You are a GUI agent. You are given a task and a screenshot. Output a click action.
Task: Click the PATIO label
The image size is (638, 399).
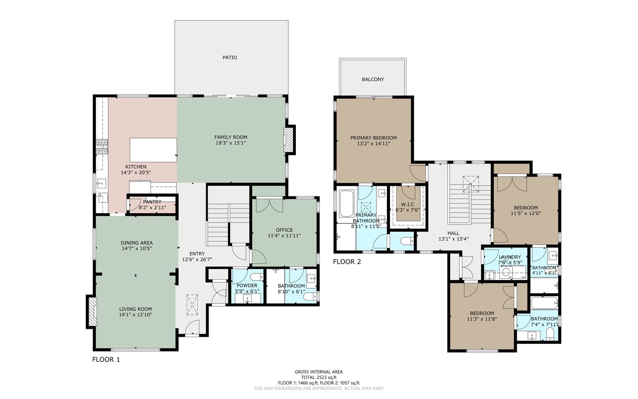click(x=230, y=57)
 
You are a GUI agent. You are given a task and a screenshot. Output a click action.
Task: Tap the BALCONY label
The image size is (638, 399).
click(x=372, y=79)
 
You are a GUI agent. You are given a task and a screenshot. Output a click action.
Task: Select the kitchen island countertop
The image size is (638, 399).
click(x=153, y=150)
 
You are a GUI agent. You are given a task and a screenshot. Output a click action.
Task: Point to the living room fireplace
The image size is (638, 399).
click(x=93, y=312)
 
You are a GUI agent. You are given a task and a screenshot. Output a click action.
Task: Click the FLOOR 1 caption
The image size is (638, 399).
click(x=106, y=359)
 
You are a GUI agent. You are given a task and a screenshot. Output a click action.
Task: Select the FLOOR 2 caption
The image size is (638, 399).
click(x=347, y=262)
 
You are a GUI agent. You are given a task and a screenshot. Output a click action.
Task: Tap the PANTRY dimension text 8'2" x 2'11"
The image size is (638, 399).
click(x=152, y=208)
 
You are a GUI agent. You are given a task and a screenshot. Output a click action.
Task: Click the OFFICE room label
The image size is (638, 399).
click(x=284, y=230)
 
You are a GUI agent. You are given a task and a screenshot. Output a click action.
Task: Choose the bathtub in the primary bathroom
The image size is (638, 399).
click(x=346, y=203)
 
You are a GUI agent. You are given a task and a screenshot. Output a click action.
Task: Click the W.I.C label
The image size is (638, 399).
click(x=408, y=205)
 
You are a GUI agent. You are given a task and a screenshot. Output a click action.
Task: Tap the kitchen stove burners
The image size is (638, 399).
click(x=102, y=147)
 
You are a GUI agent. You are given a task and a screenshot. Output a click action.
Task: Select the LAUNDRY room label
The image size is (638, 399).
click(x=510, y=257)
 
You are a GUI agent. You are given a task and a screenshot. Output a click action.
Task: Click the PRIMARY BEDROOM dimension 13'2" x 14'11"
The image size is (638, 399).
click(x=373, y=144)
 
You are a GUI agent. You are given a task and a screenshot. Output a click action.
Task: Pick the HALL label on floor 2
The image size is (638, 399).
click(x=453, y=233)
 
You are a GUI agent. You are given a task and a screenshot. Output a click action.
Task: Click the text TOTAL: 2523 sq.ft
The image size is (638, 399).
click(x=319, y=377)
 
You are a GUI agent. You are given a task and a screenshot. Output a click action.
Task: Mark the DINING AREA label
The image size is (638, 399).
click(x=137, y=243)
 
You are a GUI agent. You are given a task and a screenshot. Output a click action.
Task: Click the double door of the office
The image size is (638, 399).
click(x=270, y=205)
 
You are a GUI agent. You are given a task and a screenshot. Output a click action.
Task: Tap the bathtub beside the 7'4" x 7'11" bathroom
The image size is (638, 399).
click(x=544, y=303)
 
